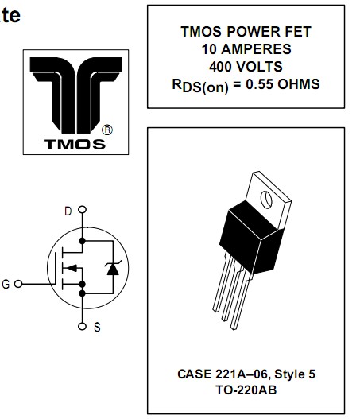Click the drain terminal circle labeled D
(83, 210)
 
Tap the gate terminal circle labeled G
(18, 284)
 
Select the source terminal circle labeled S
(83, 327)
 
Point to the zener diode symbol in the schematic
(113, 267)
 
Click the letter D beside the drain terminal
(68, 211)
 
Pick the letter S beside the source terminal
(97, 327)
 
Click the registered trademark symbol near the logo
(107, 130)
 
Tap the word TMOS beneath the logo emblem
(75, 144)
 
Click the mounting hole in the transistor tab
(266, 200)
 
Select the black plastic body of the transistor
(251, 237)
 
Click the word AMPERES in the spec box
(256, 49)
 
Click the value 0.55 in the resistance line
(260, 84)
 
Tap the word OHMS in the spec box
(299, 84)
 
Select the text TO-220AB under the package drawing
(246, 390)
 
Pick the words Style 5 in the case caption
(295, 374)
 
